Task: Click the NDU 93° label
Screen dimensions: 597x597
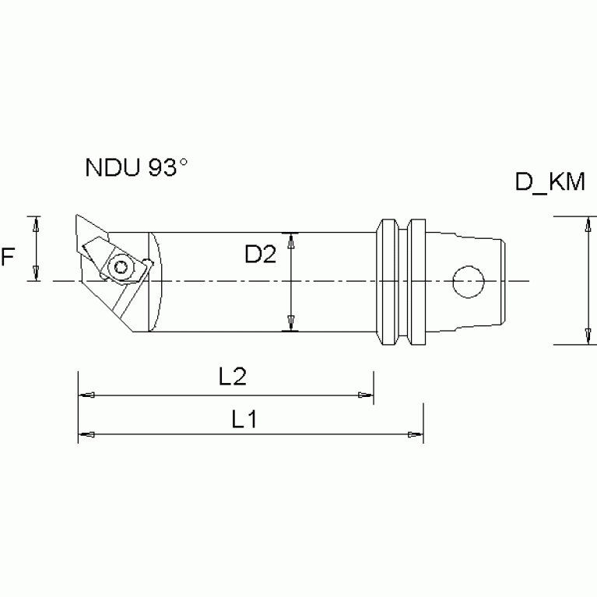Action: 136,168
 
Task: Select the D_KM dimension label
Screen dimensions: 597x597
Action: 550,183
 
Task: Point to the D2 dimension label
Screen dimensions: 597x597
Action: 259,255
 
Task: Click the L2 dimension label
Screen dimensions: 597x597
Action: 232,378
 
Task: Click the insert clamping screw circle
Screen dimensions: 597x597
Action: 121,267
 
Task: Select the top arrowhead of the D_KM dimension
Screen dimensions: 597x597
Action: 585,226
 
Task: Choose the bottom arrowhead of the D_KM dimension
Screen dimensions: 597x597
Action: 585,335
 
